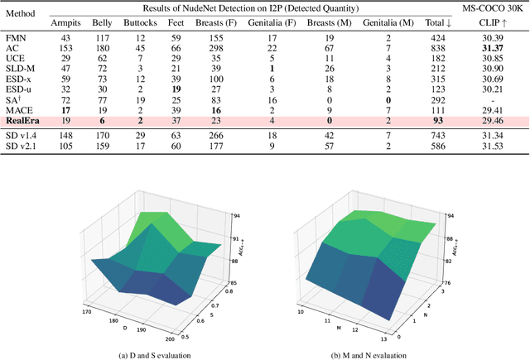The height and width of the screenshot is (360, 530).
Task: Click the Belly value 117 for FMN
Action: [102, 39]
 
